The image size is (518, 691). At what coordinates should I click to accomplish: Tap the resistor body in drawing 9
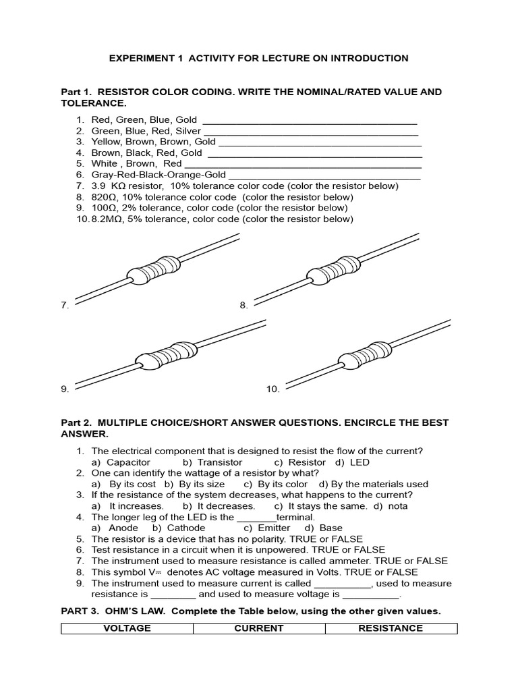point(167,356)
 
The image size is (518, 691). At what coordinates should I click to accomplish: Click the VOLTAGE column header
point(127,628)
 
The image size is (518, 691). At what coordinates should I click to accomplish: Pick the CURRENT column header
point(259,628)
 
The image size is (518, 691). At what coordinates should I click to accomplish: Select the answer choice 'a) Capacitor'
point(121,462)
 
